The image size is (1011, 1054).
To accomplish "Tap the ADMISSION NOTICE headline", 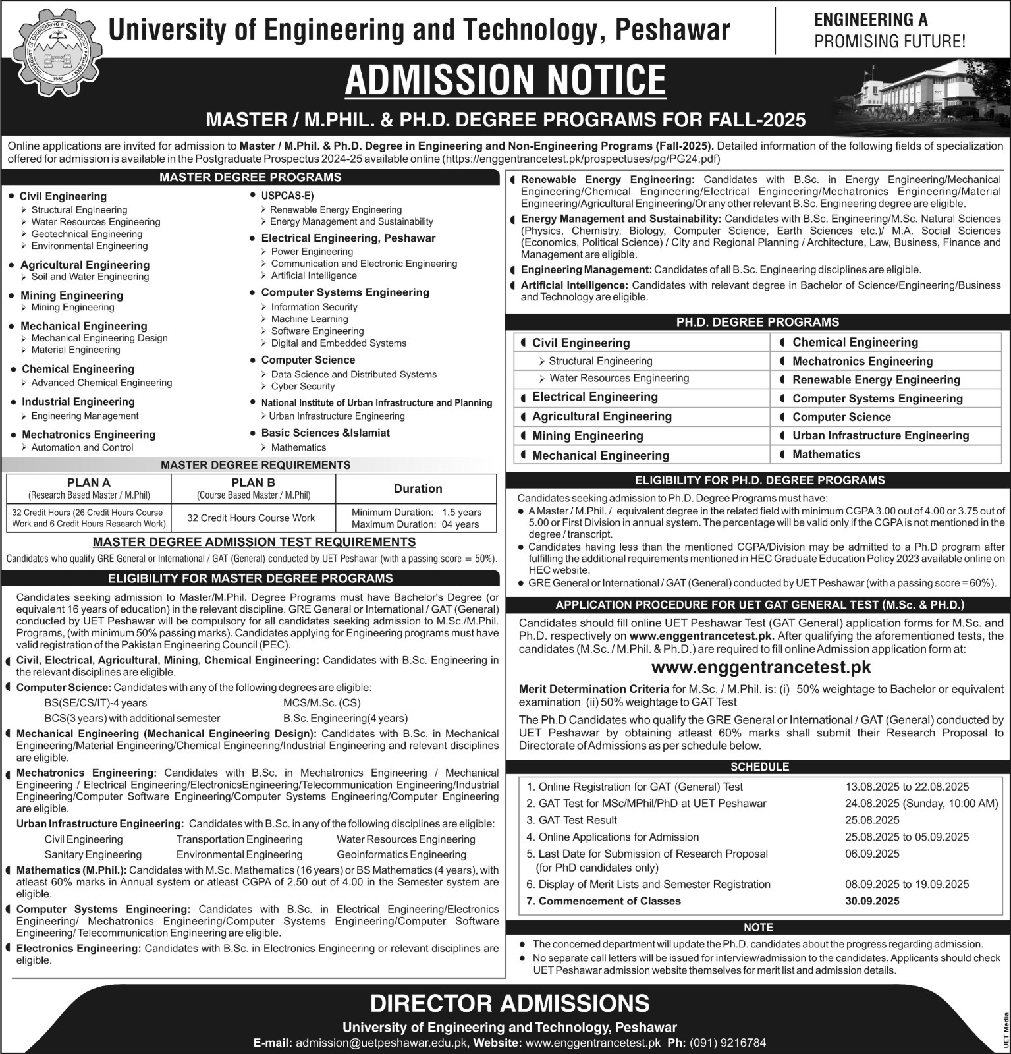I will point(505,80).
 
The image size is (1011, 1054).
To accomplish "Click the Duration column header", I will point(418,489).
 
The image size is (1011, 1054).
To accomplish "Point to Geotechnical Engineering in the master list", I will point(86,234).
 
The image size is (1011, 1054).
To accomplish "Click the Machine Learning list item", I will point(310,319).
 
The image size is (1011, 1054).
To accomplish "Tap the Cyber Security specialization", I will point(303,386).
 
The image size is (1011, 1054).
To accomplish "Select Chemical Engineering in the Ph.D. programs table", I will point(855,342).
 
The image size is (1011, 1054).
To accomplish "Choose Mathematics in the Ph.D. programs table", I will point(826,455).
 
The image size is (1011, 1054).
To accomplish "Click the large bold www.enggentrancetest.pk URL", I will point(761,667).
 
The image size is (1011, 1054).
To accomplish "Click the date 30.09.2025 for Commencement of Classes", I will point(873,901).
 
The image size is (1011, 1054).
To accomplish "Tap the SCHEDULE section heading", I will point(759,767).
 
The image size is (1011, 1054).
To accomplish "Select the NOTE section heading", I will point(758,927).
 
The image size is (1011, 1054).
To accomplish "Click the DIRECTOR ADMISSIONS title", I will point(509,1003).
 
